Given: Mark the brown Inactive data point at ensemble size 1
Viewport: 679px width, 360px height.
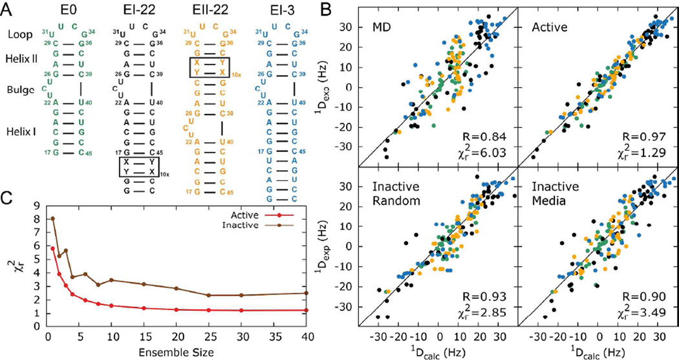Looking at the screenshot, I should [x=53, y=218].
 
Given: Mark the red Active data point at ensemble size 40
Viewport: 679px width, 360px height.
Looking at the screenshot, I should [x=305, y=310].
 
